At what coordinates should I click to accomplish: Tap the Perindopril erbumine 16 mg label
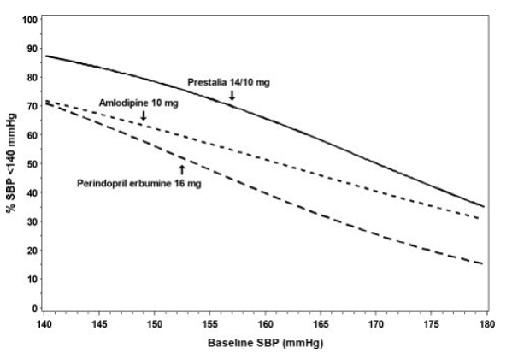[135, 182]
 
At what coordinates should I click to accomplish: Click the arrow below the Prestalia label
[232, 96]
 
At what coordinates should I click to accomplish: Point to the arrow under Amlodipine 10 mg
[143, 115]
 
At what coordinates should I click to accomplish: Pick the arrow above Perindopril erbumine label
[181, 168]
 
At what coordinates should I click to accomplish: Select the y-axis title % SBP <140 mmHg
[12, 162]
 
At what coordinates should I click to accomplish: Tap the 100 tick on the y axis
[30, 19]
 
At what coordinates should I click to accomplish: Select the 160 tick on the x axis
[265, 326]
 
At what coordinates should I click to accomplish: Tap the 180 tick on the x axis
[486, 326]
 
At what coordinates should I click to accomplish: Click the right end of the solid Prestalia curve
[485, 206]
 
